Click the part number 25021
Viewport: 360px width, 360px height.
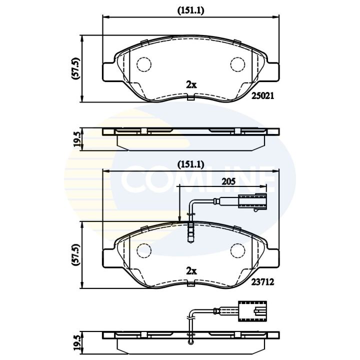point(263,95)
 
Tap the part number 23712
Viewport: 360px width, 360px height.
point(263,282)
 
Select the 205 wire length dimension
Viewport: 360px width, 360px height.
point(228,181)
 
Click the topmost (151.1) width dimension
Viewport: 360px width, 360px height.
point(191,11)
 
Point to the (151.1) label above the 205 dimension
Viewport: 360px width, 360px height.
point(191,164)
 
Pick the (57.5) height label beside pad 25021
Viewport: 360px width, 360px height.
point(75,68)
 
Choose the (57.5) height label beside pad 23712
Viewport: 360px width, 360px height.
point(75,255)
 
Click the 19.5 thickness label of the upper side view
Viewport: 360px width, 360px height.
point(77,139)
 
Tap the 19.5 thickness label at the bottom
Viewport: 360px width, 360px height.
point(77,343)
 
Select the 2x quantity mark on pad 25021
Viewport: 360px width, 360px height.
point(191,85)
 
